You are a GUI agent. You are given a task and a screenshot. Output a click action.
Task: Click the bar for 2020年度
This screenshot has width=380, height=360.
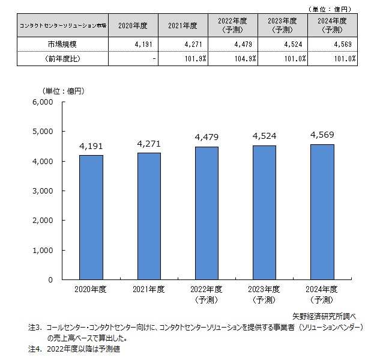91,217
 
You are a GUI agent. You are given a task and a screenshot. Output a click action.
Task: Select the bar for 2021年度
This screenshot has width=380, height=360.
149,216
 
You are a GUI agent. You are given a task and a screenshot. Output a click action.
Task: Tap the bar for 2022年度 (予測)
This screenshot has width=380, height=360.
207,213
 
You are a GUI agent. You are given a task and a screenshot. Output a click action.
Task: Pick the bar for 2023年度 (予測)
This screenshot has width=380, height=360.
264,212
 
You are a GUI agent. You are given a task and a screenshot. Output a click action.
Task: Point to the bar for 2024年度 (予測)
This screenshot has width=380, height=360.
322,212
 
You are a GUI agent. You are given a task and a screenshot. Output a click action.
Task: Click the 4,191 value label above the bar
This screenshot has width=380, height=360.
91,146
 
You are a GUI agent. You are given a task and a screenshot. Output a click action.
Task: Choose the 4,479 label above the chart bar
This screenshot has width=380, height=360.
207,138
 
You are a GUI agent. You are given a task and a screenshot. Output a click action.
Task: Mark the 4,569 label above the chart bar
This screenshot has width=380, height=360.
322,135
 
